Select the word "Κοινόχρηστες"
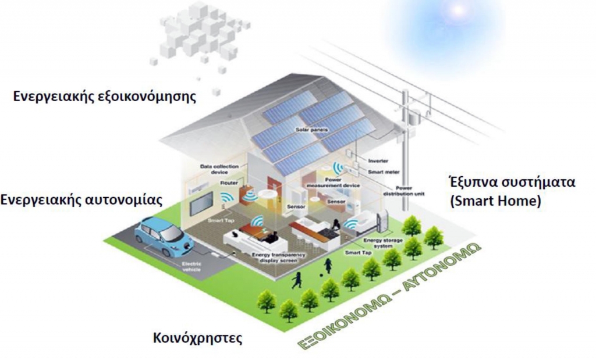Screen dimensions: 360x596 pos(197,338)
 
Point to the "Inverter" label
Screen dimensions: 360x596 pos(378,161)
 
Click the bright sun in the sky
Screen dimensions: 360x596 pos(457,10)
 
